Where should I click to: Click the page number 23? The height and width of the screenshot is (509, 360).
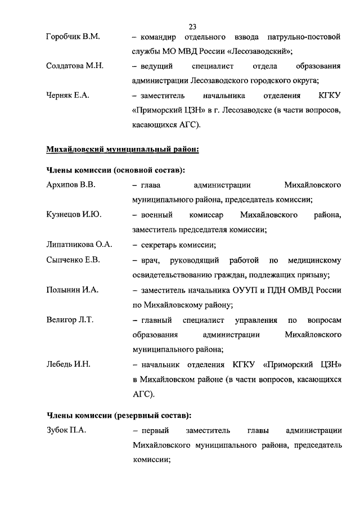pos(192,26)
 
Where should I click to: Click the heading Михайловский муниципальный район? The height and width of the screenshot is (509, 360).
pos(122,149)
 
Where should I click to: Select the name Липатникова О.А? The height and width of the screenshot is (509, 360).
pos(79,244)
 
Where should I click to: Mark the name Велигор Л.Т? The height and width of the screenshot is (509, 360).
pos(70,320)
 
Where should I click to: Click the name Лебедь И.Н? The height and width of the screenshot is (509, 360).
pos(68,364)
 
